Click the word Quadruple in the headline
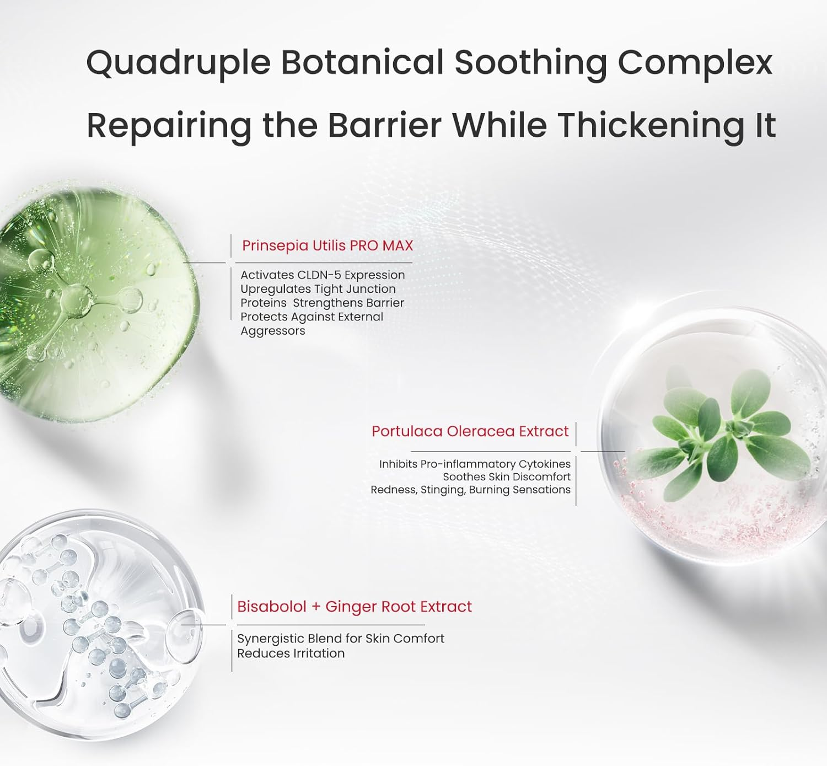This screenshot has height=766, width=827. (179, 64)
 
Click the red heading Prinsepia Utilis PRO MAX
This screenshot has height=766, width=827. (327, 246)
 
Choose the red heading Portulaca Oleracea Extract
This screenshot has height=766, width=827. (470, 431)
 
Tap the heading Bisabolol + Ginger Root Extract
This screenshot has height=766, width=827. (355, 607)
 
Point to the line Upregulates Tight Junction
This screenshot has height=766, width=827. (318, 289)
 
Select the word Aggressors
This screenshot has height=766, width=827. (273, 331)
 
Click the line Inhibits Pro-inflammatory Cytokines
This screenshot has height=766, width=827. (475, 464)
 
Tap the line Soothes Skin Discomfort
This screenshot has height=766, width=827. (507, 476)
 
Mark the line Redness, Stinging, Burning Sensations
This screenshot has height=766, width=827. (470, 490)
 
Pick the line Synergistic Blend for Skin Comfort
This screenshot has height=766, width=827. (341, 639)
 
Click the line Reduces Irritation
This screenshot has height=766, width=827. (291, 653)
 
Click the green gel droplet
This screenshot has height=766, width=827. (96, 304)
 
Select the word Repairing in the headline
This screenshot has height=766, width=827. (169, 127)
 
